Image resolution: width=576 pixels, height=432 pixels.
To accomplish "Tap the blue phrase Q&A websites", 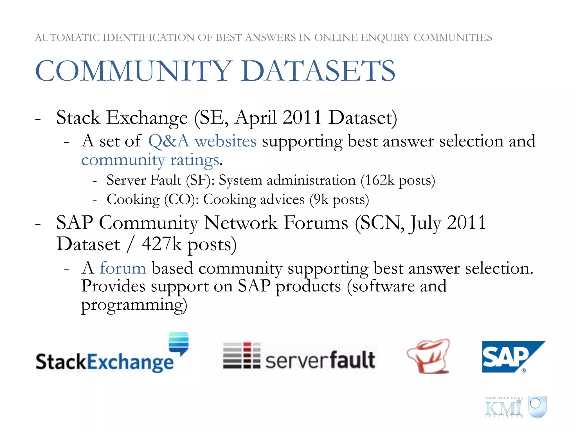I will (202, 141).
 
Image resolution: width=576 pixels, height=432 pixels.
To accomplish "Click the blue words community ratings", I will (150, 160).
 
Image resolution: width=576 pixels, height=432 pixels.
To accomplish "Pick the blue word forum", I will (123, 268).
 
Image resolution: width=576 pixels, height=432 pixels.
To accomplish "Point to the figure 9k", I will (321, 200).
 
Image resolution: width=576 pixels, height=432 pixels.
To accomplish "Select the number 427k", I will (161, 244).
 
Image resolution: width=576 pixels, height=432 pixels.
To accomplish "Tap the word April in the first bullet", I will (256, 118).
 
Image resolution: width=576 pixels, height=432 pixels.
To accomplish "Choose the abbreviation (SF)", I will (200, 180).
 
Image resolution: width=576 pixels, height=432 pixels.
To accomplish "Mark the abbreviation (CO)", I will (181, 200).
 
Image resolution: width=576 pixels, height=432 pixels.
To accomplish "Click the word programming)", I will (134, 305).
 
